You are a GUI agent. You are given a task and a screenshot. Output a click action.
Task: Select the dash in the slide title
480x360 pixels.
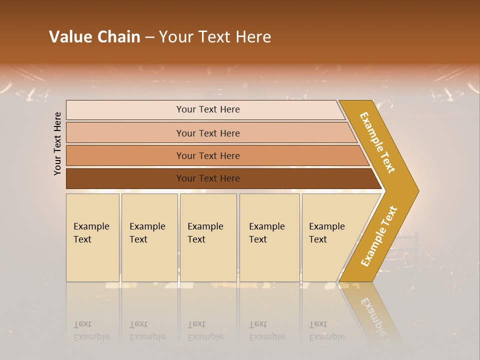coord(149,37)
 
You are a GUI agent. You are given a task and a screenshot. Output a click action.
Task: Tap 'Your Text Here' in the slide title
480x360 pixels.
coord(215,37)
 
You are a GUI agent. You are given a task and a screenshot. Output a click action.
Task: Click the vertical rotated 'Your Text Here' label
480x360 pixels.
coord(57,143)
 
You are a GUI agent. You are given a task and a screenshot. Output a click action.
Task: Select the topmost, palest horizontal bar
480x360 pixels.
coord(208,109)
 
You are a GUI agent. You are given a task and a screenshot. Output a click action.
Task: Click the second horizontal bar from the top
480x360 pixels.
coord(208,133)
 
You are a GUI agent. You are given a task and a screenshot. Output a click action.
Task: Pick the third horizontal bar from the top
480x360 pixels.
coord(208,155)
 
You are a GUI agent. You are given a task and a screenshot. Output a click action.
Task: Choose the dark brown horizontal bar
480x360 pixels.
coord(208,178)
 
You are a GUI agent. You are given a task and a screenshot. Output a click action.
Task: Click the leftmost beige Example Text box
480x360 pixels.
coord(92,237)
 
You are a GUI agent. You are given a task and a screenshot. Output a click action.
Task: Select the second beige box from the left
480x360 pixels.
coord(149,237)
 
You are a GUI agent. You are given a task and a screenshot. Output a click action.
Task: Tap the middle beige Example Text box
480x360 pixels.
coord(207,237)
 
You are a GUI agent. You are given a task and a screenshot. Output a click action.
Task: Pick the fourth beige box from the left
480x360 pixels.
coord(269,237)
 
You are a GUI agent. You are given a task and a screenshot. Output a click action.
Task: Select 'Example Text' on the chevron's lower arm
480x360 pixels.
coord(379,236)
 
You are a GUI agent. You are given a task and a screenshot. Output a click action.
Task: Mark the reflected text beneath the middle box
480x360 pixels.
coord(205,330)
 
